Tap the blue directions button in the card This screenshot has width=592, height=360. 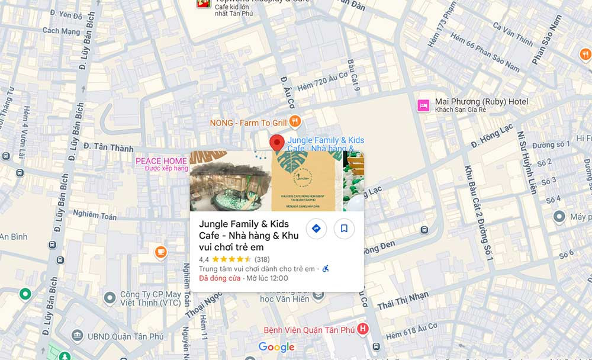click(x=316, y=229)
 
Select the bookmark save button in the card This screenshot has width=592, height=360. click(x=344, y=229)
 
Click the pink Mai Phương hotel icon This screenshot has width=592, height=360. click(x=423, y=105)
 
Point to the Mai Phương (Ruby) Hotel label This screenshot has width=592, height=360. click(x=481, y=102)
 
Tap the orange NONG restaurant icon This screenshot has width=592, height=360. click(x=295, y=122)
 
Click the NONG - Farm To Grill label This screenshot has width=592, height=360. click(x=248, y=123)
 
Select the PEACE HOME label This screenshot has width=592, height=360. click(x=161, y=161)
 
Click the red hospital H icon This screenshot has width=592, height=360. click(x=363, y=329)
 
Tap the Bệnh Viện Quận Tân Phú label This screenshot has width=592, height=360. click(x=310, y=329)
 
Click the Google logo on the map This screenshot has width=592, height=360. click(x=276, y=348)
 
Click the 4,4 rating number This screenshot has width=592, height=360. click(x=204, y=259)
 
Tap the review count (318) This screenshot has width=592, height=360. click(x=262, y=259)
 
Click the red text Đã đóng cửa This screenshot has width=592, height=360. click(x=220, y=278)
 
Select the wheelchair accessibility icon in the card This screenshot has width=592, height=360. click(x=326, y=269)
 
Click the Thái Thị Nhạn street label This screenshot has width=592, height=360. click(x=403, y=301)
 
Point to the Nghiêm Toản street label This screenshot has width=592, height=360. click(x=95, y=215)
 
